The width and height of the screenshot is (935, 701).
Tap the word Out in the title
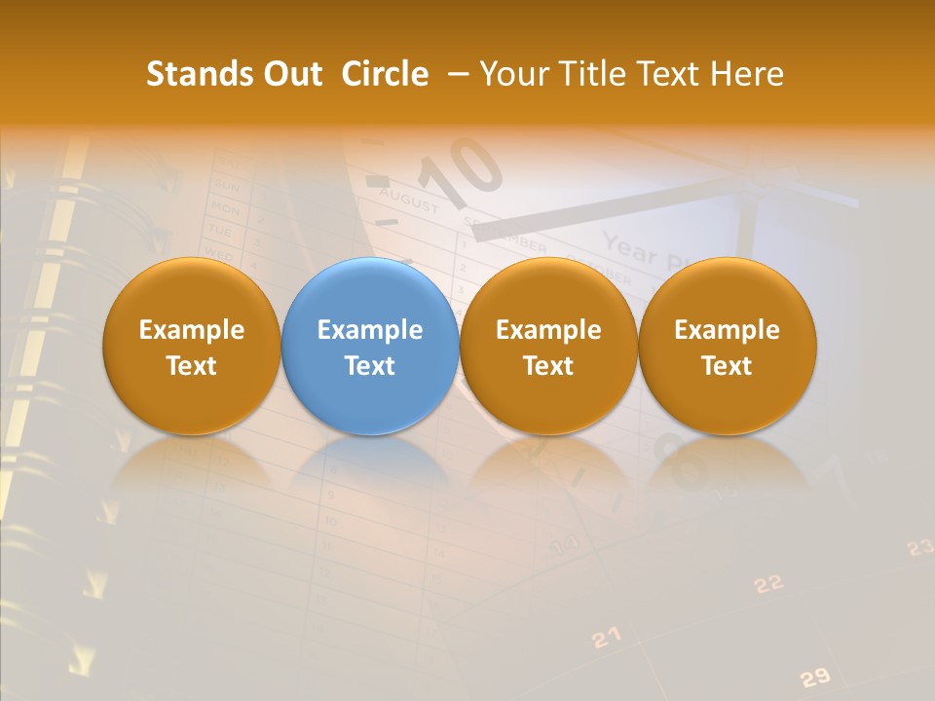pos(289,74)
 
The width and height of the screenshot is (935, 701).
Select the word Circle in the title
pos(385,74)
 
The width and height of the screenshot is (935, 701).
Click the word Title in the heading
pos(593,74)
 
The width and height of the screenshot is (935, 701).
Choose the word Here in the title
pos(747,74)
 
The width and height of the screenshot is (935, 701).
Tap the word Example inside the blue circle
pos(370,330)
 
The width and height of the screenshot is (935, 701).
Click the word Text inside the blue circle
pos(370,366)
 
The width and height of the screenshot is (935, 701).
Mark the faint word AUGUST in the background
pos(408,203)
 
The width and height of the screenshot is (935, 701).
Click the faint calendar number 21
pos(606,638)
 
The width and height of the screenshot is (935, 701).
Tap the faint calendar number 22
pos(768,583)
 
